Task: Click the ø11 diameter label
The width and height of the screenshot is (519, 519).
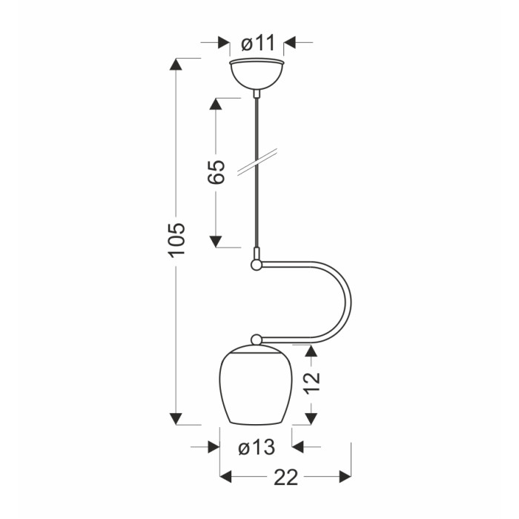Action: tap(258, 43)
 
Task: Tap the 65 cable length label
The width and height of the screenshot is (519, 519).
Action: tap(216, 172)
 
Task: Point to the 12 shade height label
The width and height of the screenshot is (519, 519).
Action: tap(312, 383)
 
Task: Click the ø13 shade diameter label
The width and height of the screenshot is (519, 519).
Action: tap(257, 448)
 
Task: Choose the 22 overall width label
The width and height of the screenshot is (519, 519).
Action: tap(286, 477)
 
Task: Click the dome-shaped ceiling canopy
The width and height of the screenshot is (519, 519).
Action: tap(257, 74)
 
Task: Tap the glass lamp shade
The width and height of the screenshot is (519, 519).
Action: tap(256, 385)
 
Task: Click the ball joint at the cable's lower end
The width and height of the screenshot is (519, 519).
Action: tap(256, 265)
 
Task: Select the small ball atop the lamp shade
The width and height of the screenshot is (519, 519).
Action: tap(257, 340)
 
